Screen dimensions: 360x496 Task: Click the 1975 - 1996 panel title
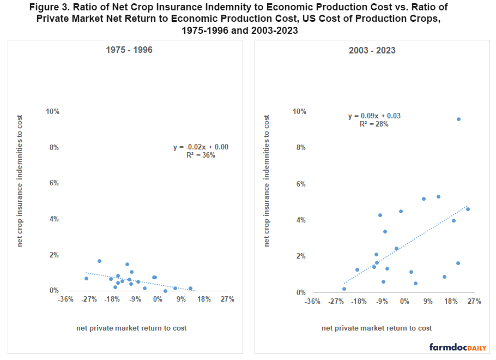(129, 50)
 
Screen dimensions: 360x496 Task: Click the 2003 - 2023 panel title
(372, 50)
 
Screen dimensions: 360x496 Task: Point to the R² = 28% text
(374, 124)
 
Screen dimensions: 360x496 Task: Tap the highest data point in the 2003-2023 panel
(458, 119)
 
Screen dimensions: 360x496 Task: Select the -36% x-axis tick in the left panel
(66, 299)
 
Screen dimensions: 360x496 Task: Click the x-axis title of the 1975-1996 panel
(131, 328)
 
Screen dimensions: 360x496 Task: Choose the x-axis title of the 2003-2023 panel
(377, 328)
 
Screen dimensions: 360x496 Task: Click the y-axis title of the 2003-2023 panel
(267, 180)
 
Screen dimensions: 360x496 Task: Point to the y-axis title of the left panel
(20, 180)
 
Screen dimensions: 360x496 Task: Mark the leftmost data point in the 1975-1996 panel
(86, 278)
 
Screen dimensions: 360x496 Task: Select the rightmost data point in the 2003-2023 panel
(468, 209)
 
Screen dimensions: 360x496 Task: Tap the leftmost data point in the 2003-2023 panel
(344, 289)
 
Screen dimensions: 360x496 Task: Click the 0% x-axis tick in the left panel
(158, 299)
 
